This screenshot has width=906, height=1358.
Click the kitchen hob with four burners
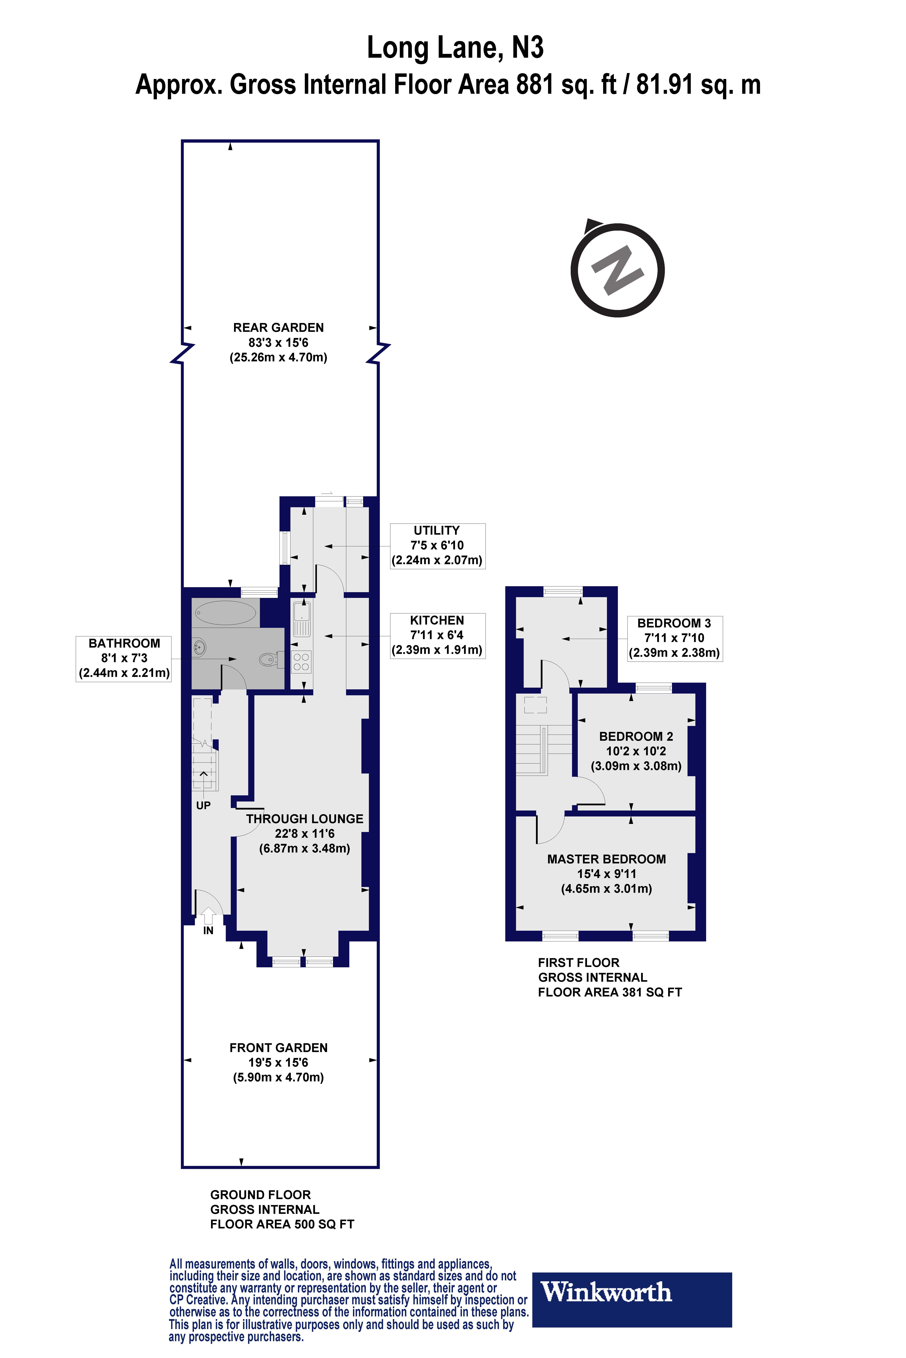(301, 662)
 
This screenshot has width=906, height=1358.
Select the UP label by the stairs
(203, 806)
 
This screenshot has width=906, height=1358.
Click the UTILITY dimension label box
(437, 546)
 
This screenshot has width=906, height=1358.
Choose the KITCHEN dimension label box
(437, 635)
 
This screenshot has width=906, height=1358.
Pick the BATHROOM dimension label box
(124, 658)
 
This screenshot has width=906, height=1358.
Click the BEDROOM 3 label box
(674, 638)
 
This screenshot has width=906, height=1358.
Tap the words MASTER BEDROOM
(606, 859)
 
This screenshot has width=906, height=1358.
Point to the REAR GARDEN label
(279, 327)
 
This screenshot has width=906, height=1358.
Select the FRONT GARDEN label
(279, 1047)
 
